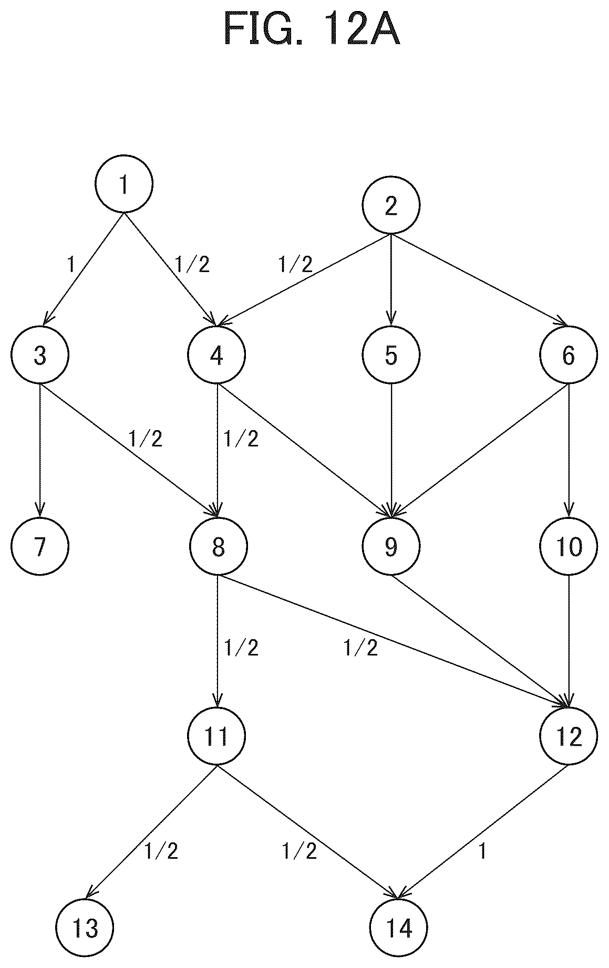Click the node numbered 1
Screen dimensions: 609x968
(x=124, y=184)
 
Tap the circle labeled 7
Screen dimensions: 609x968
(x=40, y=547)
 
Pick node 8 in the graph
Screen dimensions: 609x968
(x=218, y=547)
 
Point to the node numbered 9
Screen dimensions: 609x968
(x=391, y=547)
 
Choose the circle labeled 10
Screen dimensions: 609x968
(x=569, y=547)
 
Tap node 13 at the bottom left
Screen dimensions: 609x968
(x=85, y=928)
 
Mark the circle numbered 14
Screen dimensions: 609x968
(x=398, y=928)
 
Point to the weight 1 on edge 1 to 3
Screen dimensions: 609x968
(x=71, y=264)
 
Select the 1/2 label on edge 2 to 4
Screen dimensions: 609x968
(x=295, y=264)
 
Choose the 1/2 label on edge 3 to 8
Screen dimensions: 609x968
(x=146, y=439)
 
